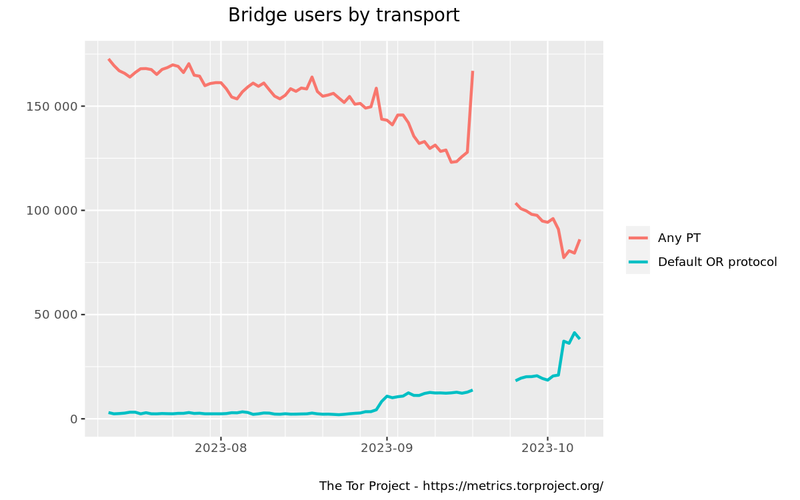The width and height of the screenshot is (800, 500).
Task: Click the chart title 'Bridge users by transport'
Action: coord(343,15)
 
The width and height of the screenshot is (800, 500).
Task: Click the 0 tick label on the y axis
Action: coord(74,419)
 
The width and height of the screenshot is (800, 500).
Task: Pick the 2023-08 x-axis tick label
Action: coord(221,448)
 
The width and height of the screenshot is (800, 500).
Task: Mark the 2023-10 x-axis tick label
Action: coord(547,448)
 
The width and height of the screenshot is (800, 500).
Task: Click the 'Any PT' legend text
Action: coord(679,237)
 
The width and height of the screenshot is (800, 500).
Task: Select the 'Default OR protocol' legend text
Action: coord(717,262)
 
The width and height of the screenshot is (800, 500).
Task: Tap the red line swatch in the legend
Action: coord(638,237)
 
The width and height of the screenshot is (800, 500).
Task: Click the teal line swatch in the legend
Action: coord(638,262)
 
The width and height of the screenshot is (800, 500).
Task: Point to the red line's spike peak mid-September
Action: coord(473,71)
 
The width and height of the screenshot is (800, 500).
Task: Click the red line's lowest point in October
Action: coord(563,257)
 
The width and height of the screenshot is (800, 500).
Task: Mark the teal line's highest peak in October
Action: coord(574,333)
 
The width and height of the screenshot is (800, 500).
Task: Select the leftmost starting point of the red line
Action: coord(109,59)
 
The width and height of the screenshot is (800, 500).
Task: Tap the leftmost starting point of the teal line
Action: coord(109,413)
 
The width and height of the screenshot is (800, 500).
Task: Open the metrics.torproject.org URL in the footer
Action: coord(513,486)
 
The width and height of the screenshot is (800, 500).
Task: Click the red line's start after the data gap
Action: coord(516,203)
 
